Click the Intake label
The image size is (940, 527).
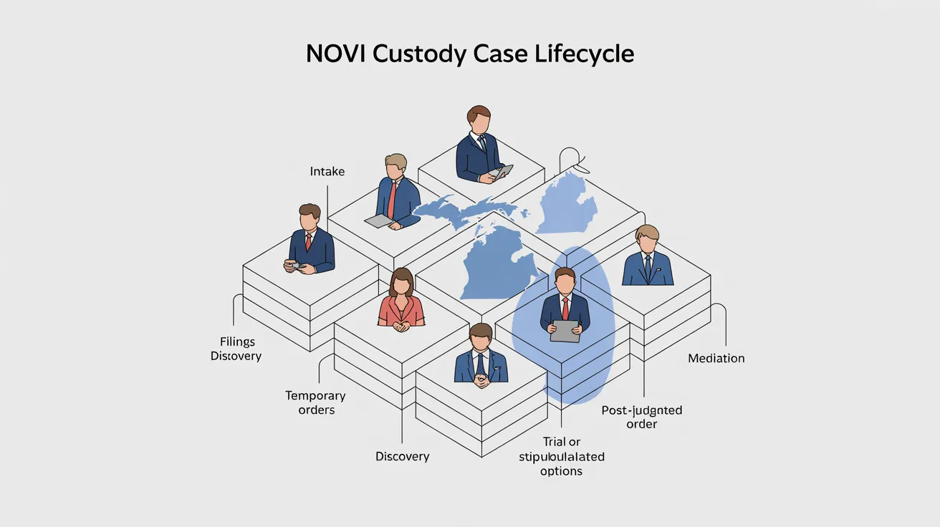(327, 172)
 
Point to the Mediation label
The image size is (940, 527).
(716, 358)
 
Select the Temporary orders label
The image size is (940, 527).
(315, 402)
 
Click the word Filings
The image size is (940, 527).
(237, 342)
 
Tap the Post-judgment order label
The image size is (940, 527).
(641, 417)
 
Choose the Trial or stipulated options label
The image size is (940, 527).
(561, 456)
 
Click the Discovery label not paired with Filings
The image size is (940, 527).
(402, 456)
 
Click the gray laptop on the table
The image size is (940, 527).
(380, 221)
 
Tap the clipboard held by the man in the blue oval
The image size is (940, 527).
(565, 330)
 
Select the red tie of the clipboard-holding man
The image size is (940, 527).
(565, 308)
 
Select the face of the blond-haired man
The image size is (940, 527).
(647, 243)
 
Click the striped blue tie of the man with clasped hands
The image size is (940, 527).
(481, 364)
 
